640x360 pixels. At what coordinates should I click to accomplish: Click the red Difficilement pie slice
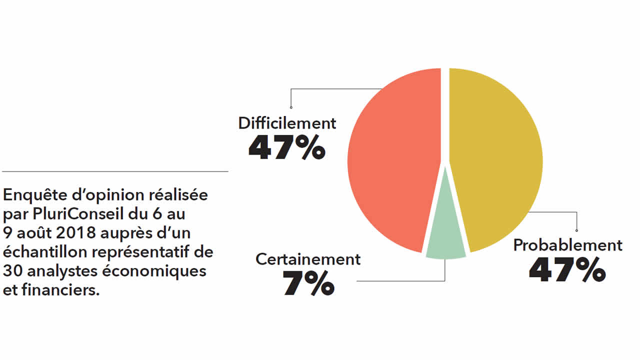pos(392,160)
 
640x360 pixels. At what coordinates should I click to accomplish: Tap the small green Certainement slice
pos(445,245)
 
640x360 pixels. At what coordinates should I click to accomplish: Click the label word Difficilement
pos(287,123)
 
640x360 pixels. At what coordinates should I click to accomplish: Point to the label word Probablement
pos(568,245)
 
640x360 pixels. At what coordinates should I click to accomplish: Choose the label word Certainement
pos(308,259)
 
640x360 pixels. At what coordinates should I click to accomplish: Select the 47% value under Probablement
pos(567,270)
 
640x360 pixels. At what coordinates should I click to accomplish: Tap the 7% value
pos(308,283)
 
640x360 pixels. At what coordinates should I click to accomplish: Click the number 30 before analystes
pos(11,271)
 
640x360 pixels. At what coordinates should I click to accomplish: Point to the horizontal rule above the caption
pos(115,171)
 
